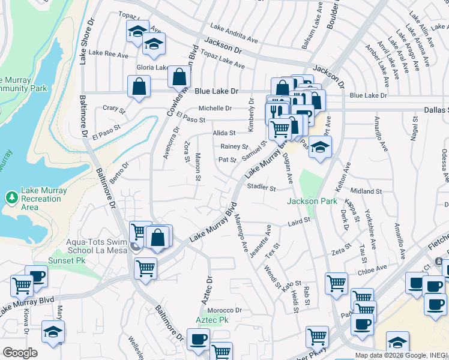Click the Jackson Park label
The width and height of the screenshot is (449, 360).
point(312,201)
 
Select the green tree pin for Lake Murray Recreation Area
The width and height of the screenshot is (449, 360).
point(11,197)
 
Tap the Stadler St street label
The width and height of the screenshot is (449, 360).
point(261,188)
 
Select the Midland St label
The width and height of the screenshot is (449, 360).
point(366,191)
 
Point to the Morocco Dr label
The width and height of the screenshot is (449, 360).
point(224,310)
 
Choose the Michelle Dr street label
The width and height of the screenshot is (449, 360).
point(215,108)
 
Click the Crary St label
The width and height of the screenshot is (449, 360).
point(113,109)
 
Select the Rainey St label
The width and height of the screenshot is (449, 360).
point(234,146)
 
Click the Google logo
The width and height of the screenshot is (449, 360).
point(20,352)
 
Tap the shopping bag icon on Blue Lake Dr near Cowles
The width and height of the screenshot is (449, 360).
point(139,86)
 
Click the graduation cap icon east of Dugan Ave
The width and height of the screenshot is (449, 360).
point(321,148)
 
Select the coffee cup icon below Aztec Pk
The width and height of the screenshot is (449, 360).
point(197,340)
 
